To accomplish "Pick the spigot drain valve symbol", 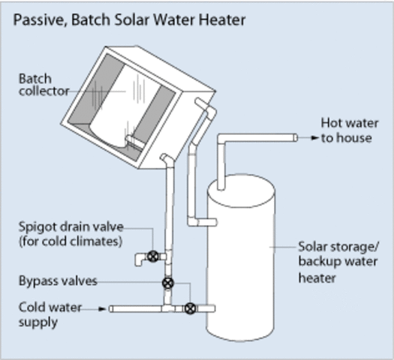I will click(x=153, y=256).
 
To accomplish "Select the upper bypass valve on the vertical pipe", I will click(x=167, y=284).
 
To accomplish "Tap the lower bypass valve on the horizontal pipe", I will click(x=190, y=307).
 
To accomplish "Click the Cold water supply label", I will click(x=50, y=314).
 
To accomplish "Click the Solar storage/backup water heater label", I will click(x=338, y=262).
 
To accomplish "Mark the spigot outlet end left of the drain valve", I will click(x=138, y=261).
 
